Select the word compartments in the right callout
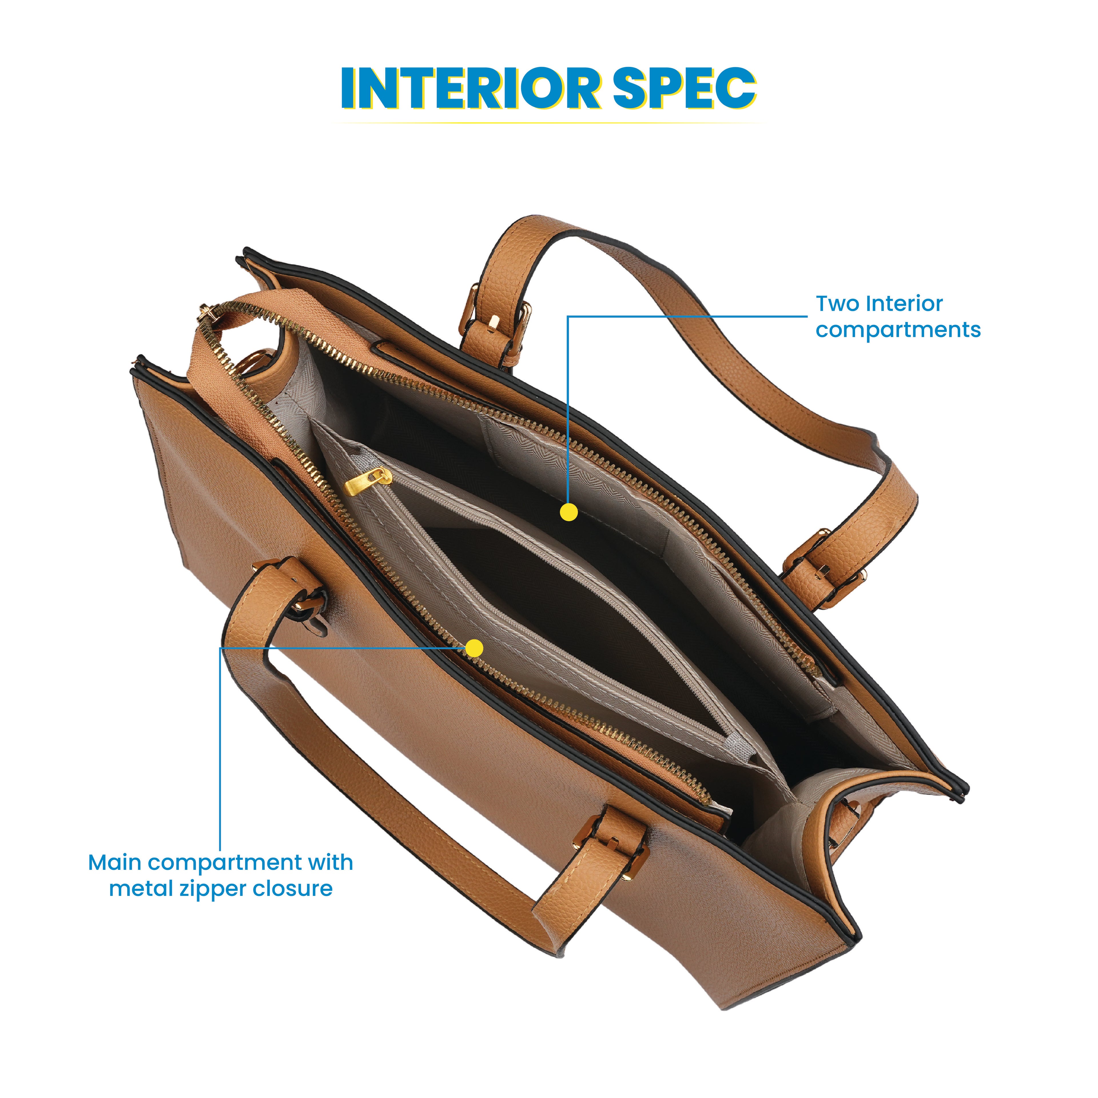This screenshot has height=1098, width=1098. [898, 330]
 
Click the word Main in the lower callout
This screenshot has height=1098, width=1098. [114, 863]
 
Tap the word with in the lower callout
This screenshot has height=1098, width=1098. [330, 863]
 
